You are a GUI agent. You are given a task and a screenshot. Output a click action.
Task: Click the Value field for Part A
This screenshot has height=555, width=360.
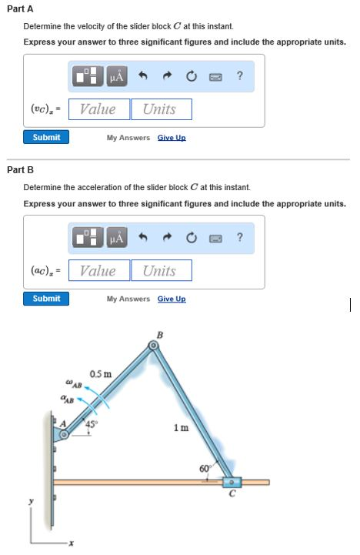pyautogui.click(x=98, y=109)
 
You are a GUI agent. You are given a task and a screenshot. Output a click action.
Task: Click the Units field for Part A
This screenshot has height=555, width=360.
pyautogui.click(x=160, y=109)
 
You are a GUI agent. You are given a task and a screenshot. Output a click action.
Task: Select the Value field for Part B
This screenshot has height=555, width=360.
pyautogui.click(x=98, y=271)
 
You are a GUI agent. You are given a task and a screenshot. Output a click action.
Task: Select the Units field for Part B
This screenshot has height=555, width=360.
pyautogui.click(x=160, y=271)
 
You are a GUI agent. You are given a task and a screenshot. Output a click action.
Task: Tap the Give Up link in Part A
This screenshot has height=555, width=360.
pyautogui.click(x=172, y=137)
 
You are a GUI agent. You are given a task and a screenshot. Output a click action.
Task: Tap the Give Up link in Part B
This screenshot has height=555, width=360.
pyautogui.click(x=172, y=299)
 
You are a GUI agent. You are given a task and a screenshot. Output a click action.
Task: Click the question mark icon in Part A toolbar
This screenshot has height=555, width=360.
pyautogui.click(x=241, y=75)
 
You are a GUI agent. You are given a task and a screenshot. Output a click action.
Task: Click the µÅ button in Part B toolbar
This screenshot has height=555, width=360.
pyautogui.click(x=117, y=237)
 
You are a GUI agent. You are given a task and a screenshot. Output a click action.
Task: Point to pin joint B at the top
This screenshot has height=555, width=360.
pyautogui.click(x=154, y=346)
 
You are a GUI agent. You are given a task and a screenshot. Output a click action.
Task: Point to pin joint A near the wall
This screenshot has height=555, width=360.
pyautogui.click(x=64, y=435)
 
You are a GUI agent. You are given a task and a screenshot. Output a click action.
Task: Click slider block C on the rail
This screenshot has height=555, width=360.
pyautogui.click(x=232, y=482)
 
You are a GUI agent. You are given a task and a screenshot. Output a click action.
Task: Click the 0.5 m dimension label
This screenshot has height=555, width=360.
pyautogui.click(x=100, y=375)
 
